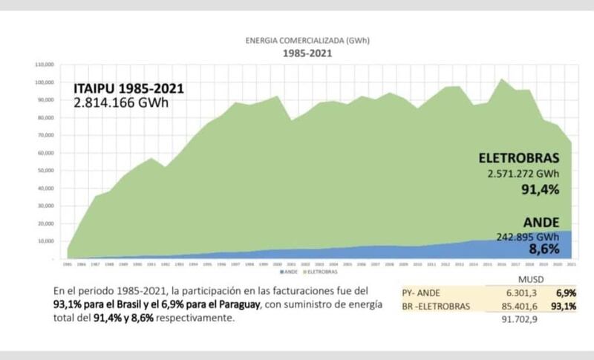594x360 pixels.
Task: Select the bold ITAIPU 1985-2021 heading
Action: pos(128,88)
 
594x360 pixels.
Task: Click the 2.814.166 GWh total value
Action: pos(121,102)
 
